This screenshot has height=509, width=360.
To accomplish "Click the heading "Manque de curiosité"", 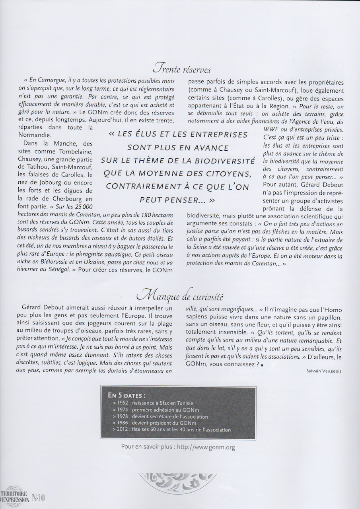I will (x=180, y=296).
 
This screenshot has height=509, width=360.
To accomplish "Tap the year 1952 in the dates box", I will (x=121, y=403).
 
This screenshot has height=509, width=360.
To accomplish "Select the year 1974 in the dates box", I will (x=121, y=410).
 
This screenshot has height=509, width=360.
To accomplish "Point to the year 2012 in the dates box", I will (x=121, y=429).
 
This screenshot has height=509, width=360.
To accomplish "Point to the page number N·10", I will (x=39, y=497).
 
